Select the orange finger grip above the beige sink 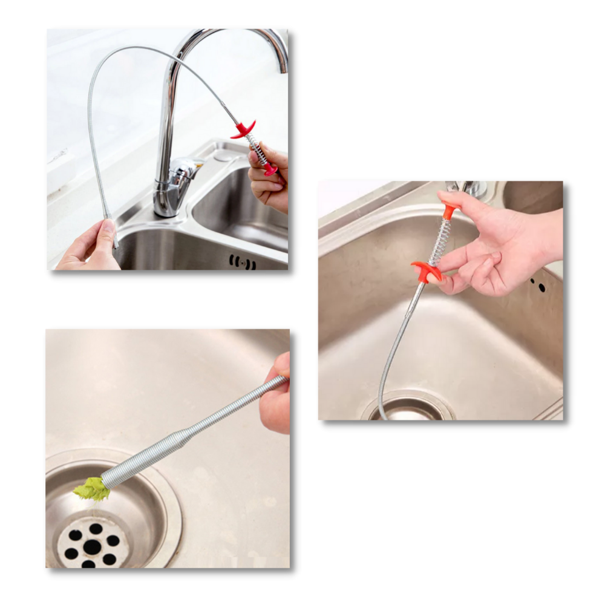[x=426, y=270]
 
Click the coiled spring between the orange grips [x=440, y=240]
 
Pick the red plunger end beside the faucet [x=270, y=170]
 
